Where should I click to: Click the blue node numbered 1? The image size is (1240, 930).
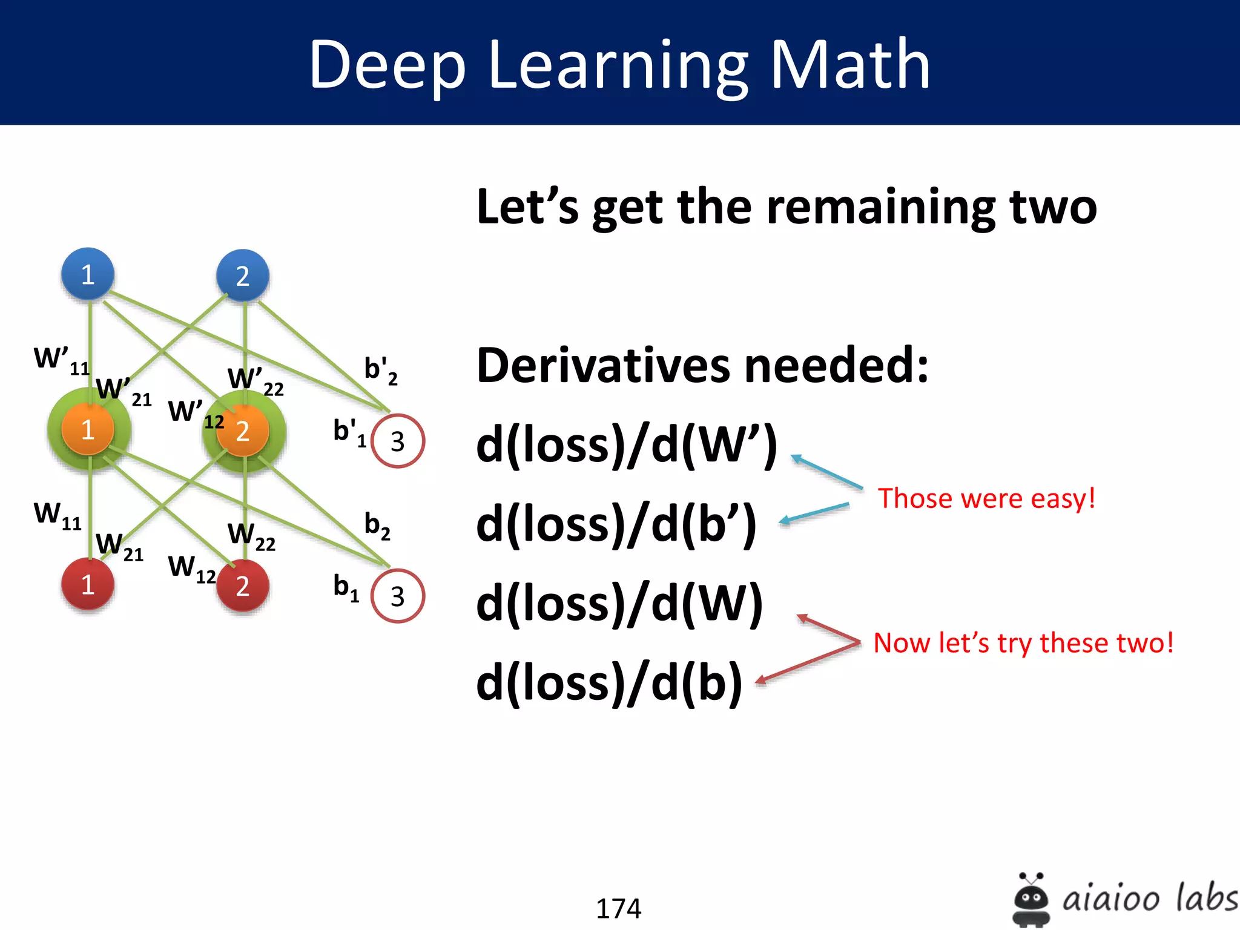point(88,274)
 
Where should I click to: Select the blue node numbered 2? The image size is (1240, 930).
point(243,275)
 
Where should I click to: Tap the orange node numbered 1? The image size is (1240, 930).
point(88,429)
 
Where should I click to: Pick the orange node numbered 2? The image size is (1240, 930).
point(243,430)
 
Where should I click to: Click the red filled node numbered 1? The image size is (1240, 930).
point(88,584)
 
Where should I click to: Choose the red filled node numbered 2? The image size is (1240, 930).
point(243,585)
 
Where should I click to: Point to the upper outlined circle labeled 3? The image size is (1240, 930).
point(397,441)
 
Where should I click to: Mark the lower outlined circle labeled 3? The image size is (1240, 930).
point(397,596)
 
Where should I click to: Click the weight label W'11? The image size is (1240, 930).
point(61,360)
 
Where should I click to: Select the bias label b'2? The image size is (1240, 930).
point(380,370)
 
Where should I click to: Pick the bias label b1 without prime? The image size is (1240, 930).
point(346,587)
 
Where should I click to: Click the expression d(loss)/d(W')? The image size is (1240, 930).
point(626,446)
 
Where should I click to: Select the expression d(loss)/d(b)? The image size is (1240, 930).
point(609,683)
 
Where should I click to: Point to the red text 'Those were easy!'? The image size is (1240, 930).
point(986,498)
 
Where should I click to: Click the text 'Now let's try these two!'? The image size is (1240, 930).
point(1023,642)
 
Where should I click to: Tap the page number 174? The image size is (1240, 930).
point(618,908)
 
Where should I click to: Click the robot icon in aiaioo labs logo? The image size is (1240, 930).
point(1031,899)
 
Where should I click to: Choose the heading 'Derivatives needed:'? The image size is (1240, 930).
point(702,365)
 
